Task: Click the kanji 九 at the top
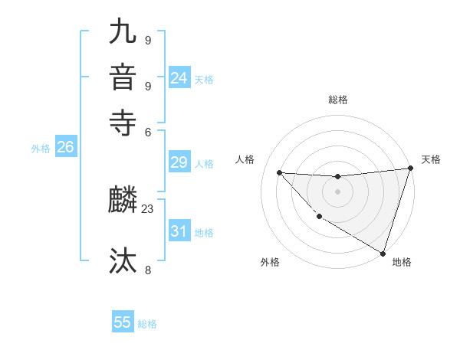[x=123, y=33]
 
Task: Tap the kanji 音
[x=123, y=77]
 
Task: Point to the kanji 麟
[x=123, y=201]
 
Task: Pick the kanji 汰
[x=123, y=261]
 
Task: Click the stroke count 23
[x=148, y=209]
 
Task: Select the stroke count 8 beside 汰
[x=147, y=270]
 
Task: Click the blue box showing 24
[x=179, y=78]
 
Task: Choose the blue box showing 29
[x=179, y=162]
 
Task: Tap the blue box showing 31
[x=179, y=231]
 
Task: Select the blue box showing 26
[x=65, y=148]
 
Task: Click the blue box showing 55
[x=123, y=322]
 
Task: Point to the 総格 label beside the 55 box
[x=147, y=324]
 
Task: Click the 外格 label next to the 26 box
[x=41, y=149]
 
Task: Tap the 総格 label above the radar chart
[x=337, y=100]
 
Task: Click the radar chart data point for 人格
[x=279, y=172]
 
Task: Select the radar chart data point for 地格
[x=383, y=253]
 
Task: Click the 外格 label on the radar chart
[x=270, y=262]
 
